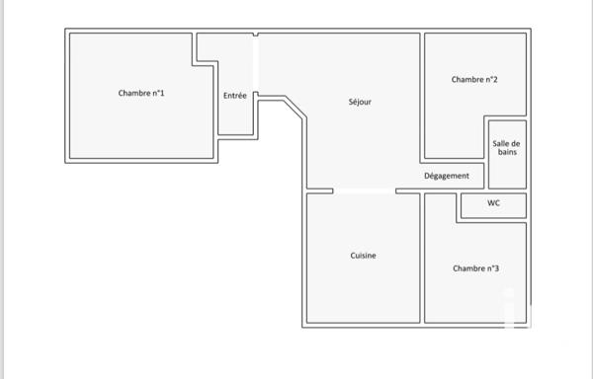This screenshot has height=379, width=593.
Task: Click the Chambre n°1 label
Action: (x=141, y=94)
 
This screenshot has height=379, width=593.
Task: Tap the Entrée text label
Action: (x=235, y=96)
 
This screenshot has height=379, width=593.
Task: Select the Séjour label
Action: (x=360, y=102)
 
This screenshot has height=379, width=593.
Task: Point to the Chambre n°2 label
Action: (x=473, y=80)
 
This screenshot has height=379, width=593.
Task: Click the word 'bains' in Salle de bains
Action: (x=506, y=153)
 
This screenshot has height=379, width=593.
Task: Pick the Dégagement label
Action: (x=447, y=176)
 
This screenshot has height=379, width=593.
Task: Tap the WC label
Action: (x=493, y=204)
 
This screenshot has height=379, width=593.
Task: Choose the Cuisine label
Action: (x=363, y=256)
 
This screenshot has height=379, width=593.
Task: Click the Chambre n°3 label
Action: (x=475, y=268)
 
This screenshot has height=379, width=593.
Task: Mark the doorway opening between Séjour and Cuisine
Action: (x=365, y=190)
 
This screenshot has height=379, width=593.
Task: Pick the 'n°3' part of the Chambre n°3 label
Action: (x=490, y=268)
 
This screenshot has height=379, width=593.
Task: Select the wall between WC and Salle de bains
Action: (x=506, y=190)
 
